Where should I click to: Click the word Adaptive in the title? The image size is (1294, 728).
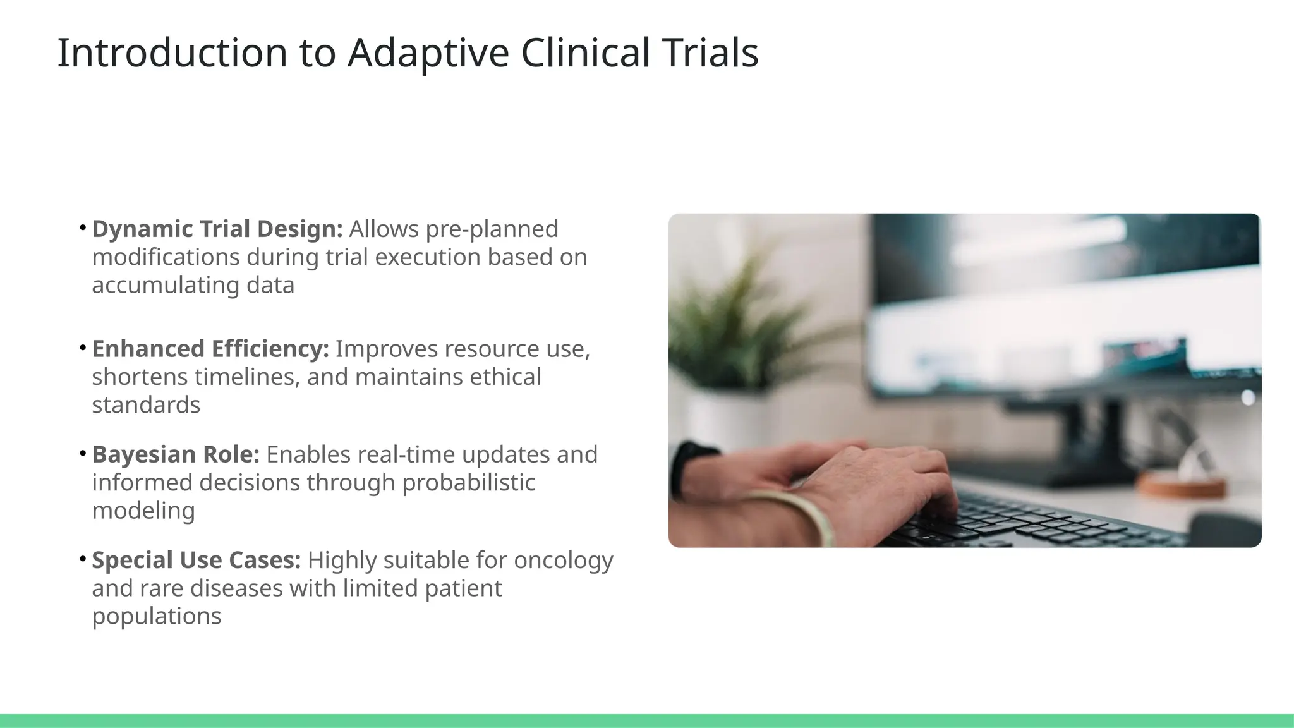point(428,53)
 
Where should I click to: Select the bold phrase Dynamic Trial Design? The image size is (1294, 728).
point(217,229)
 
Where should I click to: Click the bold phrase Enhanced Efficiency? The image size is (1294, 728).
point(210,349)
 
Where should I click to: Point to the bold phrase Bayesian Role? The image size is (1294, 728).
point(176,454)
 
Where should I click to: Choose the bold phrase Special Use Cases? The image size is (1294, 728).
point(197,560)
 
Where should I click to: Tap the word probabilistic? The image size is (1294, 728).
point(468,483)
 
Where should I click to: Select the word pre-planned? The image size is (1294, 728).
point(492,229)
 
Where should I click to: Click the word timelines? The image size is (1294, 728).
point(246,377)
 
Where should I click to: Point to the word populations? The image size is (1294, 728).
point(157,617)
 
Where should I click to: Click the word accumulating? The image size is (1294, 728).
point(166,286)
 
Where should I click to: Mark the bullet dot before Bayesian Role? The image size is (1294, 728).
point(83,454)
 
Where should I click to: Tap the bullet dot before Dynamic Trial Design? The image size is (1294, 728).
point(83,228)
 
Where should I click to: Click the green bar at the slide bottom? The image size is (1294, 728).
point(647,720)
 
